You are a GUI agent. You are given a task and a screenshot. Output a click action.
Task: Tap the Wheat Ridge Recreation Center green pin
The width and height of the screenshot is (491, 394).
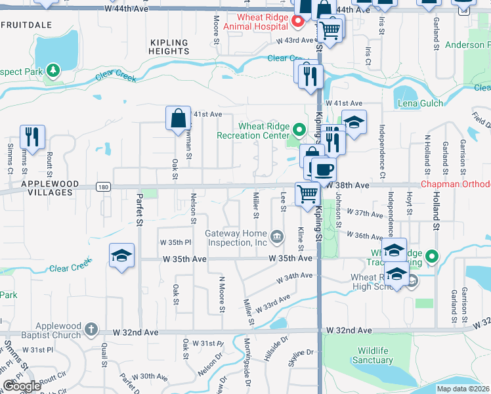299,129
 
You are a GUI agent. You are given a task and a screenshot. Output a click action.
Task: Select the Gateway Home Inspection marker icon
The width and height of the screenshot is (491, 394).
277,235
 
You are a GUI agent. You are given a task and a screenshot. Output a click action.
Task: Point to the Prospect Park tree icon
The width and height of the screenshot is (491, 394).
51,69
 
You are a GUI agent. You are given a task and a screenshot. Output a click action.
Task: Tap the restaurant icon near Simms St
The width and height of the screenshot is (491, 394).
32,137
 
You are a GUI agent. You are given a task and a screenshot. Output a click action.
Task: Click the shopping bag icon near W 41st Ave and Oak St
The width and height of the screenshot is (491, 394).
178,118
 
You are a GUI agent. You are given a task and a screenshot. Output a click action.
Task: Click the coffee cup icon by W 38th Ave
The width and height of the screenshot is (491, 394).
323,169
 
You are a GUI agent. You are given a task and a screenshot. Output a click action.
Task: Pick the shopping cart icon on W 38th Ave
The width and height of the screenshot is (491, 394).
307,193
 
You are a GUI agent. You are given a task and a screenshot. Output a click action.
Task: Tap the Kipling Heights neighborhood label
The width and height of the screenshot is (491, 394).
169,47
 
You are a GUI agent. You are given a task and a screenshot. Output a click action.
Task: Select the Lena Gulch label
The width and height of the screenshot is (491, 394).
419,104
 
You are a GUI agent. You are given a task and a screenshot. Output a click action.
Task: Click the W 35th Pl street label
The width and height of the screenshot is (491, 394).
176,242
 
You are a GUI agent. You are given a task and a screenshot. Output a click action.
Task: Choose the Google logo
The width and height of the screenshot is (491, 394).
22,386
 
